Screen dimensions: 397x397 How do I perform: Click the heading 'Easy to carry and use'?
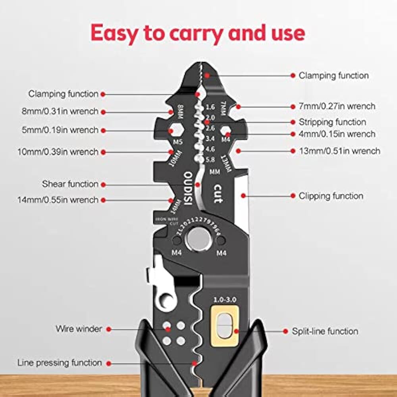point(198,33)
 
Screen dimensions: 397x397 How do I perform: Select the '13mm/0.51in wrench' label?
point(339,151)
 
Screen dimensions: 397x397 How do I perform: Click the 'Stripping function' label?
point(332,122)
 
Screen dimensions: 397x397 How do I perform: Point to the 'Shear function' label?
point(70,184)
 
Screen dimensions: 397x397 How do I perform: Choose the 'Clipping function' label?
point(331,196)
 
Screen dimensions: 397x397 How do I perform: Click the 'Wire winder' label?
point(79,329)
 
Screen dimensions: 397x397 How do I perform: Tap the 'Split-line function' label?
point(325,331)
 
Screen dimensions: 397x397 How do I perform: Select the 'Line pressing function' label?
point(60,362)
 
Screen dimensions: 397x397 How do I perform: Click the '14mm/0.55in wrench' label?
point(58,200)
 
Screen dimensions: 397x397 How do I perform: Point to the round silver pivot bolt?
point(197,239)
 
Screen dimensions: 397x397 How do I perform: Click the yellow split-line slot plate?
point(225,326)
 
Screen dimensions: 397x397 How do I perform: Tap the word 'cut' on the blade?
point(218,194)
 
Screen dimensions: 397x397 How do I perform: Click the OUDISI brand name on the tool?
point(188,188)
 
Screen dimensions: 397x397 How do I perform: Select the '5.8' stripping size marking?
point(210,160)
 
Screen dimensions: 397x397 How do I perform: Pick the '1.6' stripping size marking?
point(210,107)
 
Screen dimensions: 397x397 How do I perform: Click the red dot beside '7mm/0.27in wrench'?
point(238,106)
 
